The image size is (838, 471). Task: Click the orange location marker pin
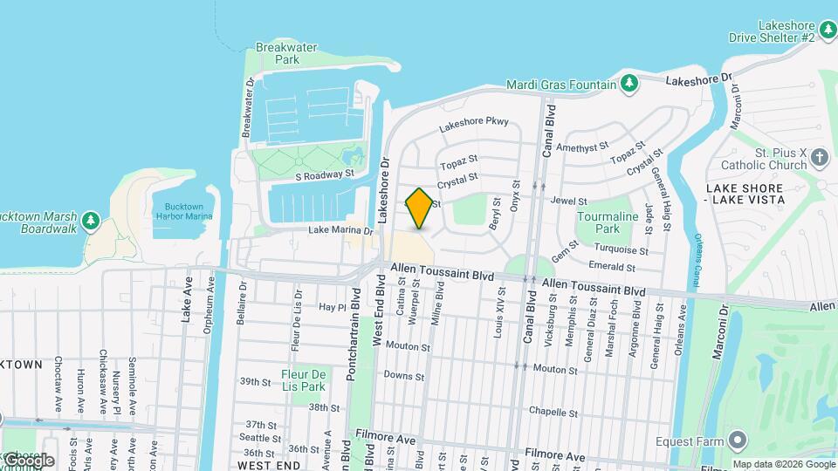(x=419, y=208)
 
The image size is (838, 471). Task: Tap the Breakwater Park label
(x=276, y=53)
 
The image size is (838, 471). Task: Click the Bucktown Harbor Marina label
(x=182, y=211)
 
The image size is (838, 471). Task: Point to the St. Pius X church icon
(x=819, y=157)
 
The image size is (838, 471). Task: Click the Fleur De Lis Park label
(x=303, y=380)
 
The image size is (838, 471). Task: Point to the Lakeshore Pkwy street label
(x=473, y=125)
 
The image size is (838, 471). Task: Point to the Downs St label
(x=403, y=376)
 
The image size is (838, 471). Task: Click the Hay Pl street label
(x=332, y=307)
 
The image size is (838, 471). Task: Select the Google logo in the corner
(x=28, y=460)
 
